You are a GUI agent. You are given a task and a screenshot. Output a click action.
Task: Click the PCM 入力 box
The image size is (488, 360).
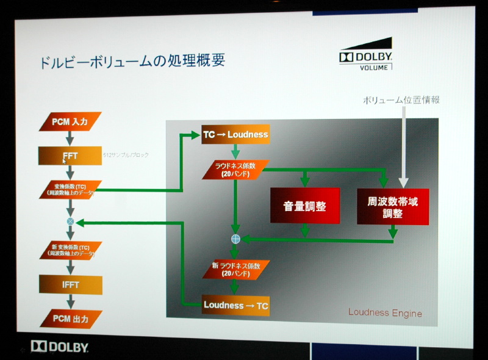tap(70, 122)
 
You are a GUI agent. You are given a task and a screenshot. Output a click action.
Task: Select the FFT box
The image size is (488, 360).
tap(70, 156)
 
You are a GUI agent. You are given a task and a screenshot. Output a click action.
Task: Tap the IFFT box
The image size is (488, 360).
tap(70, 284)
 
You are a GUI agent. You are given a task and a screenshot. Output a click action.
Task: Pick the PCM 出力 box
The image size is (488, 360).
tap(70, 319)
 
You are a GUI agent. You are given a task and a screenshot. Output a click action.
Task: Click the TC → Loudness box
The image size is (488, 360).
tap(235, 134)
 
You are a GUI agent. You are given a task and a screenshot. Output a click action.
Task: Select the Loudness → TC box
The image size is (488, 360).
tap(235, 304)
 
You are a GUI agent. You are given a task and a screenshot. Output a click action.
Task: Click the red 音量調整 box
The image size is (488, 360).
tap(304, 206)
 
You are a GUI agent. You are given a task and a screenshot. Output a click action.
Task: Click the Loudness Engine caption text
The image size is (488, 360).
tap(385, 313)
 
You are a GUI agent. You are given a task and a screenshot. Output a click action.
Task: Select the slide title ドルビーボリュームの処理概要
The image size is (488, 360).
tap(132, 61)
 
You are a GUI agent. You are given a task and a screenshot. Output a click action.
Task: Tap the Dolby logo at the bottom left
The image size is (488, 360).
tap(60, 347)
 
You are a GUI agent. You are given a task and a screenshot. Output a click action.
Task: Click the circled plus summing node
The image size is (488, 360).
tap(235, 239)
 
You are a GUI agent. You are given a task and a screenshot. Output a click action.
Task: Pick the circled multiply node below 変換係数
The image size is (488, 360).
tap(70, 221)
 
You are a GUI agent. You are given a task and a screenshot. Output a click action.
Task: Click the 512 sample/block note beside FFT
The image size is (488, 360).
tap(126, 156)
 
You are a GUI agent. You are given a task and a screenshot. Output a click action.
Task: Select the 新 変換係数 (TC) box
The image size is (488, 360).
tap(70, 250)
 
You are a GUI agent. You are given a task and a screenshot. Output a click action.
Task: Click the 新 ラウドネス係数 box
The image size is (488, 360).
tap(235, 268)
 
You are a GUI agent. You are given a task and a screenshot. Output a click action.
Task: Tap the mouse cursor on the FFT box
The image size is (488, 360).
tap(64, 162)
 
